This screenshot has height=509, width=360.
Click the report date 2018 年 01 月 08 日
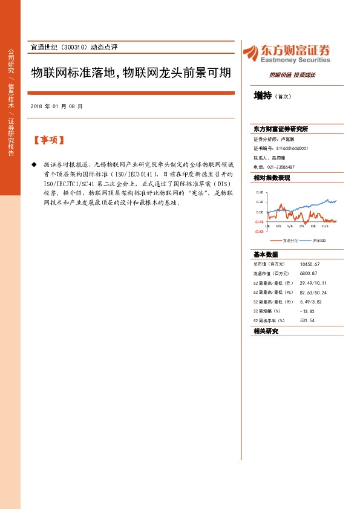56,106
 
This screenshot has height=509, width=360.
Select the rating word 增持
263,95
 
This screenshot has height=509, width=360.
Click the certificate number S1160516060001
292,148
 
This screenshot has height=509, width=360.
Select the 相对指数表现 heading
272,178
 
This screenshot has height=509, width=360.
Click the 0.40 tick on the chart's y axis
260,192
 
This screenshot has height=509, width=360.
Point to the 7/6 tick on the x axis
301,226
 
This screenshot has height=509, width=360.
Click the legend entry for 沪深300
319,240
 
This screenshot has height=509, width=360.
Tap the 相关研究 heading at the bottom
266,331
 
